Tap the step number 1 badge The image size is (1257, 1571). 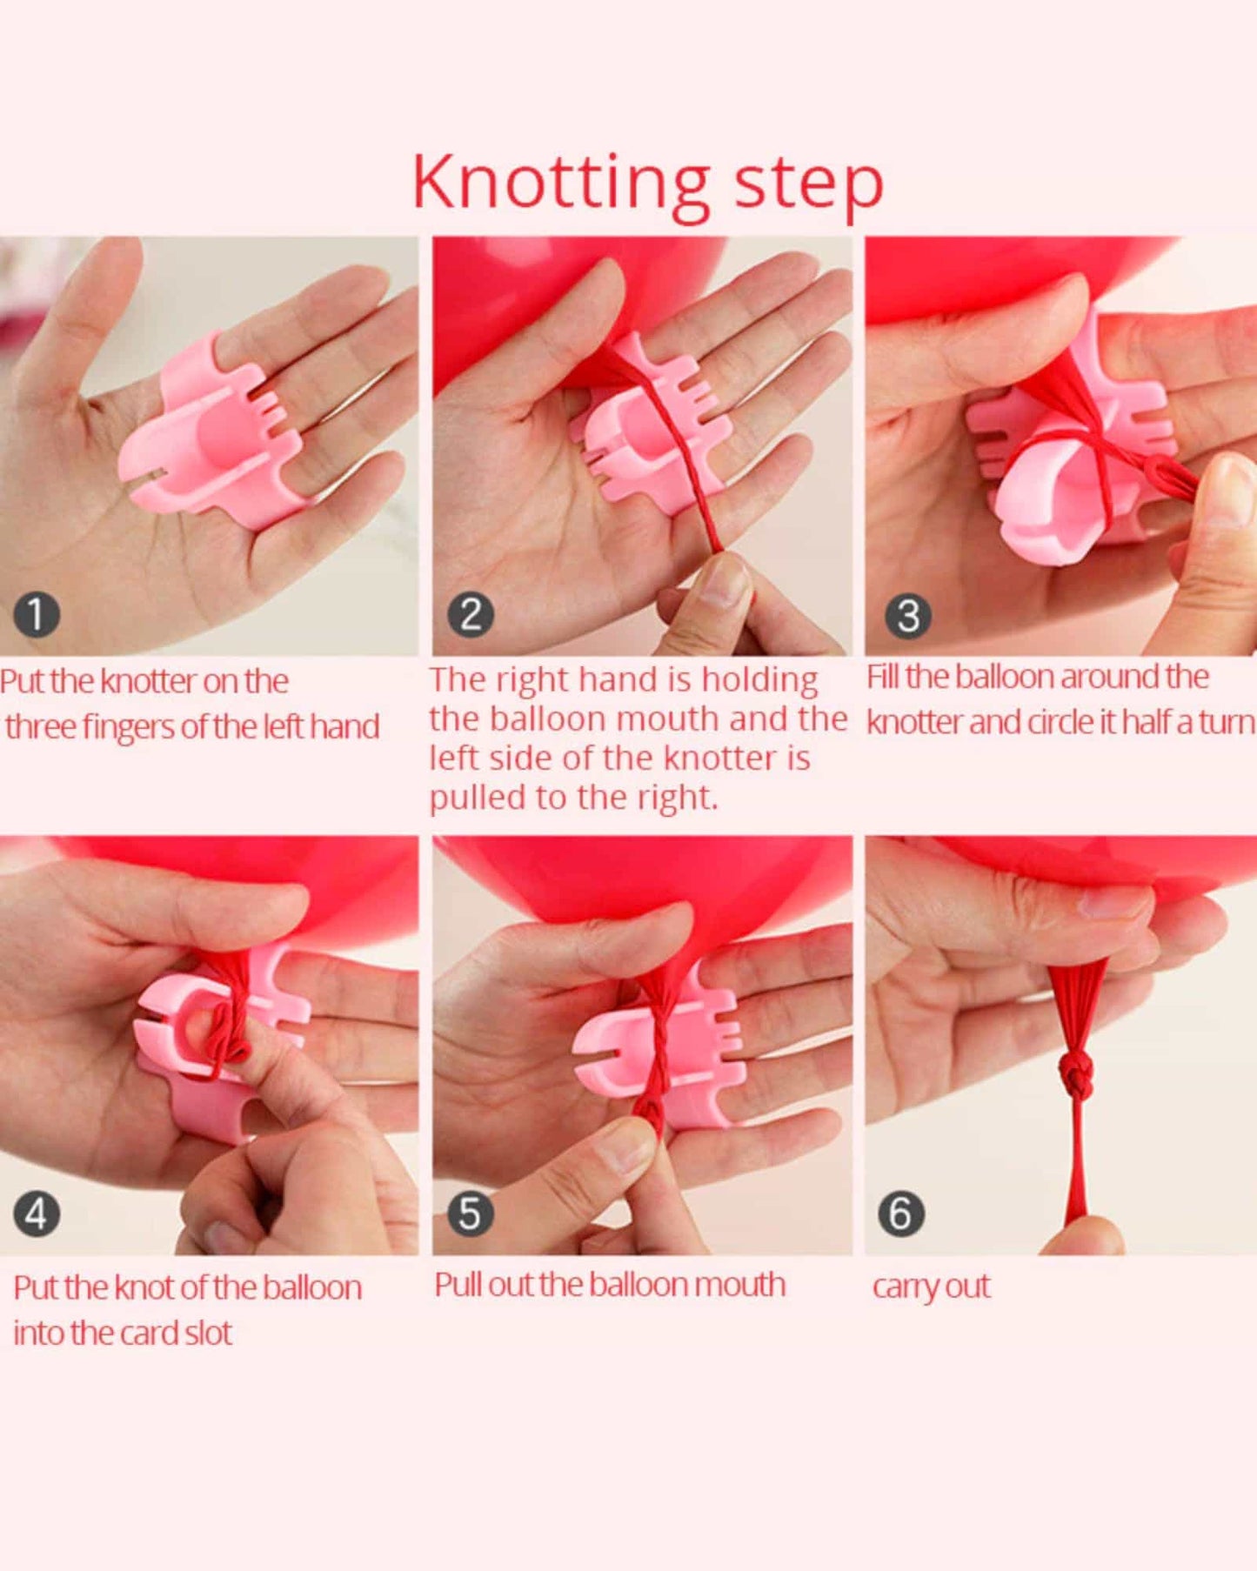click(37, 615)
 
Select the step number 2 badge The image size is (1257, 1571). click(471, 615)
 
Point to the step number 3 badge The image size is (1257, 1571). click(908, 617)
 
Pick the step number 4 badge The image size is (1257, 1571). click(37, 1213)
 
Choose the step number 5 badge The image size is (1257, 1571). click(470, 1213)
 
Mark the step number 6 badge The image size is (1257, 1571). click(901, 1213)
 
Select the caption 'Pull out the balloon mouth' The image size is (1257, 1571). click(610, 1285)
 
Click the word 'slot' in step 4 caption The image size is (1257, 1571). click(209, 1333)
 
